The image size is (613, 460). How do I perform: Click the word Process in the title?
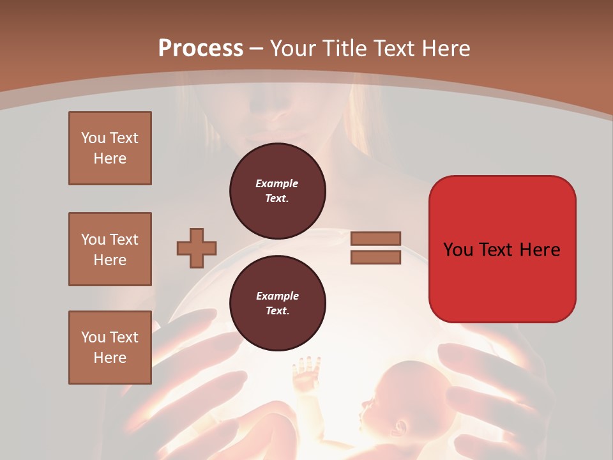(x=201, y=49)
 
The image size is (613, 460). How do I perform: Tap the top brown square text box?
(x=110, y=148)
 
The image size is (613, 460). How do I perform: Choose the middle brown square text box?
(x=110, y=249)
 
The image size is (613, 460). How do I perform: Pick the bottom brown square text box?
(x=110, y=348)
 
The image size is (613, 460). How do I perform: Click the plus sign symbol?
(x=197, y=248)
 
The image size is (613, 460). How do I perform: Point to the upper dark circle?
(x=277, y=190)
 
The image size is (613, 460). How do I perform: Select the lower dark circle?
(x=277, y=303)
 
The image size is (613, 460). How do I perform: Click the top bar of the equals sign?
(x=375, y=239)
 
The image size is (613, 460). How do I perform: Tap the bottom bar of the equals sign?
(x=375, y=257)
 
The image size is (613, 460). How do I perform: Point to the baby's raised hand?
(x=307, y=369)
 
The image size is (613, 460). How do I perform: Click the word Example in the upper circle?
(x=277, y=183)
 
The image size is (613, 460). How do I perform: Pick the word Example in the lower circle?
(x=277, y=296)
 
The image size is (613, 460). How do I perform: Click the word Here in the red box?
(x=540, y=249)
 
